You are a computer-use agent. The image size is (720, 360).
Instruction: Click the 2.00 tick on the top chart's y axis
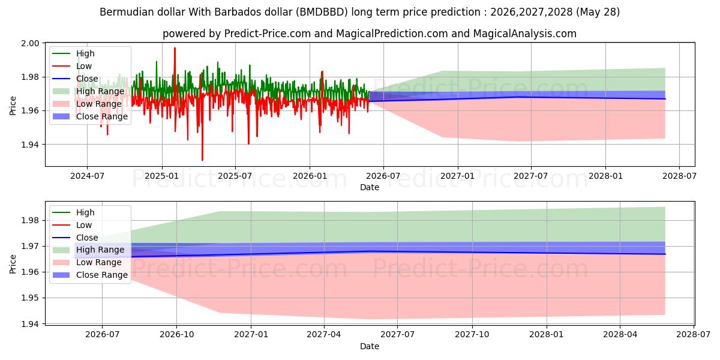[x=30, y=43]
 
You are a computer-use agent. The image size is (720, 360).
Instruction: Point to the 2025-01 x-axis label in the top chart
[x=161, y=176]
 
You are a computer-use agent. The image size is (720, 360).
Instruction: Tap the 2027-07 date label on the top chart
[x=530, y=176]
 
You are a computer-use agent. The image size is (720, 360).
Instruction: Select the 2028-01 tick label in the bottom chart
[x=547, y=335]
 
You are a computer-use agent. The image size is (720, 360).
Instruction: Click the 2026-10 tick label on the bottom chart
[x=177, y=335]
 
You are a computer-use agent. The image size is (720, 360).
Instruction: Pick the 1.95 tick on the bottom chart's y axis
[x=30, y=298]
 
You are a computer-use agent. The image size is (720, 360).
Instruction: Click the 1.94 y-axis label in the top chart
[x=30, y=145]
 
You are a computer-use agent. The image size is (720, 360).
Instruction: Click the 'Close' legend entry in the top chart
[x=87, y=79]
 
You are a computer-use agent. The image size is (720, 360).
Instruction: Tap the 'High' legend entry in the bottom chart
[x=85, y=212]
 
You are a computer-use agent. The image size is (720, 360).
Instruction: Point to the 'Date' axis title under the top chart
[x=370, y=187]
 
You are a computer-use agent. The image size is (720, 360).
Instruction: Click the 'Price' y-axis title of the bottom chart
[x=13, y=264]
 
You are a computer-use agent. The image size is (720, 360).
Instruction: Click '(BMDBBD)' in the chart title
[x=322, y=12]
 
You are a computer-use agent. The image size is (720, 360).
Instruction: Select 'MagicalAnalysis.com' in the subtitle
[x=524, y=34]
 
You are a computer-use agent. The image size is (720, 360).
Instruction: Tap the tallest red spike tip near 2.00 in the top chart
[x=175, y=48]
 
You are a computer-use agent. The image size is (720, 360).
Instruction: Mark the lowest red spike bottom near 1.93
[x=202, y=160]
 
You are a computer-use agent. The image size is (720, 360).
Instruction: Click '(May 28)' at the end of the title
[x=598, y=12]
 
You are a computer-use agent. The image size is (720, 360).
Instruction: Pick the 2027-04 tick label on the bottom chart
[x=324, y=335]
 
